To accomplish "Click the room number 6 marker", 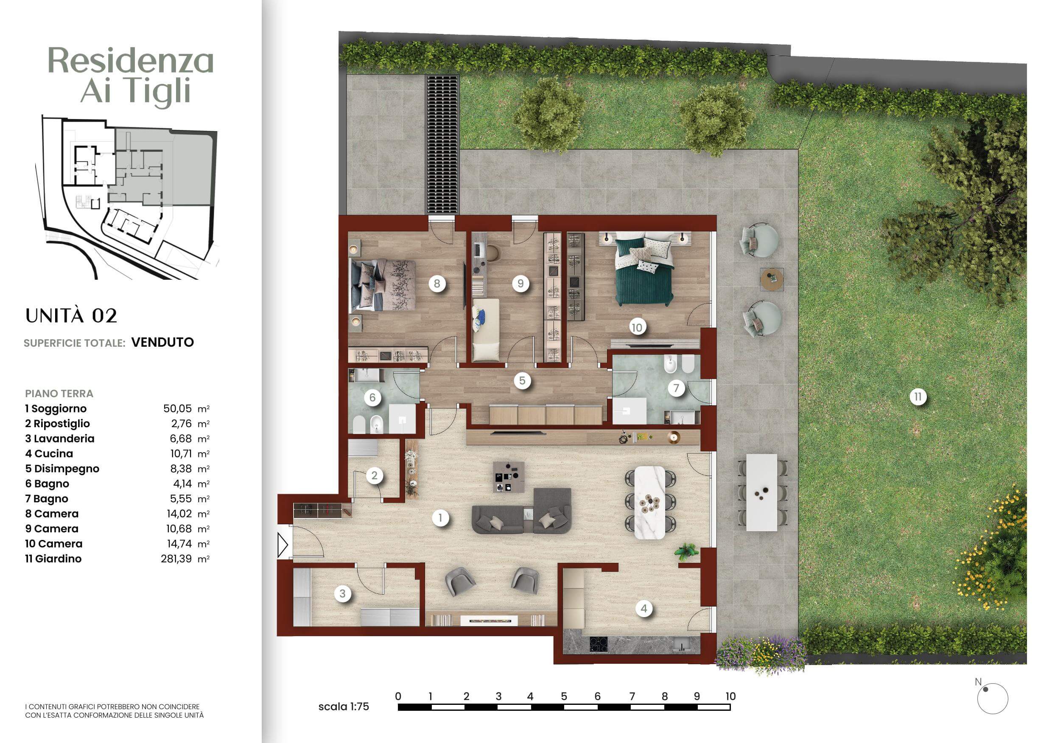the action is point(372,398).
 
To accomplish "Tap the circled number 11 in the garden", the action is point(918,396).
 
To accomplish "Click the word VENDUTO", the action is point(162,342).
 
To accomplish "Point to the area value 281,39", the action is point(176,559).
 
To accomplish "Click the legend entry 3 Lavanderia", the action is point(59,439).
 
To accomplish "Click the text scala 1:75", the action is point(344,707).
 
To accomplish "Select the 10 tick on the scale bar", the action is point(730,696).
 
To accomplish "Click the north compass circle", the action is point(993,699).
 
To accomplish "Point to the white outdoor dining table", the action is point(761,493).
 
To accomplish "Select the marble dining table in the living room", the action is point(650,503).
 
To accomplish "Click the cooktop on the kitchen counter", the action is point(599,645).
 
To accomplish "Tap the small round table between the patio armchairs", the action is point(772,279).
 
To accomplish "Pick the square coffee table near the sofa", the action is point(508,477).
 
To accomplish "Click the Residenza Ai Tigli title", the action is point(131,75).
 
